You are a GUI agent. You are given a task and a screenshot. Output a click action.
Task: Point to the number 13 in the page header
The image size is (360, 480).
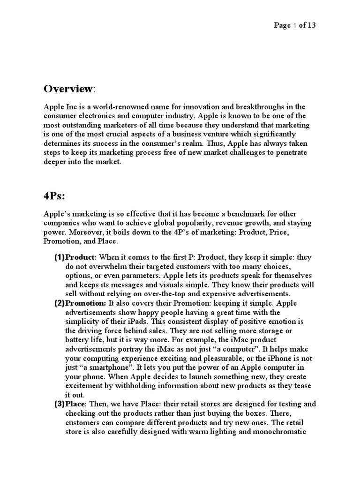pos(311,25)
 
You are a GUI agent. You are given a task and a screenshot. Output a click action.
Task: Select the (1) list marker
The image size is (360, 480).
pos(59,257)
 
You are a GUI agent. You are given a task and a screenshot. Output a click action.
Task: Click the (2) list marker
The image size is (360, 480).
pos(59,303)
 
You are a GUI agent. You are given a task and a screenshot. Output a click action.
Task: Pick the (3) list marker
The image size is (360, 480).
pos(59,404)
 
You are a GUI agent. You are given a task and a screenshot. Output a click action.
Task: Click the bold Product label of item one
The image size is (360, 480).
pos(80,257)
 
